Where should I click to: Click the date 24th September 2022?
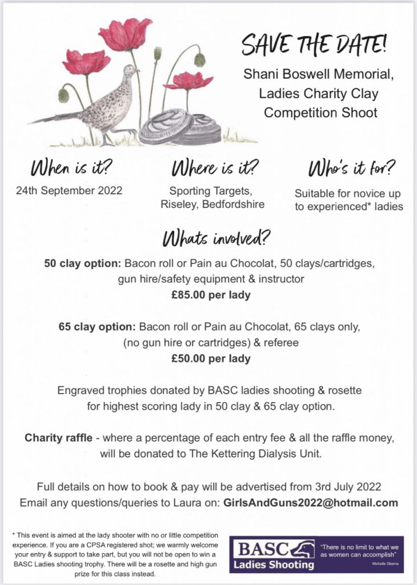(x=69, y=191)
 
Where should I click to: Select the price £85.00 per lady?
(x=209, y=295)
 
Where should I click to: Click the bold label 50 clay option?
(x=83, y=264)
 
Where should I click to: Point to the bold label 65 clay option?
(x=97, y=328)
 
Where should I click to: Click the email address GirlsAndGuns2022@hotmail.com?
(x=311, y=503)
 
